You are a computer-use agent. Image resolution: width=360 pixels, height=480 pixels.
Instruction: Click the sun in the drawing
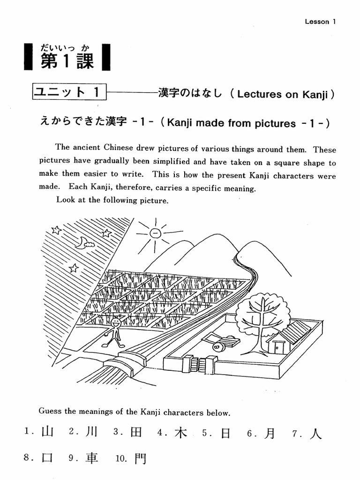pyautogui.click(x=156, y=233)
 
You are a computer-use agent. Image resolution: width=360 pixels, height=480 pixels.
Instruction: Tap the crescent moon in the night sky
pyautogui.click(x=84, y=242)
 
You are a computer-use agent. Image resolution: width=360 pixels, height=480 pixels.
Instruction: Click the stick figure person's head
pyautogui.click(x=116, y=322)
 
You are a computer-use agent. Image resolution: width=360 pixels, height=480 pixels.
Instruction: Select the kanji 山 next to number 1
pyautogui.click(x=47, y=432)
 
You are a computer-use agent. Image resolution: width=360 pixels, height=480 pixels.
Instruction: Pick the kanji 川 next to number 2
pyautogui.click(x=91, y=432)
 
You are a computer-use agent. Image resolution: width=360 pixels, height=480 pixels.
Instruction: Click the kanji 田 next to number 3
pyautogui.click(x=136, y=432)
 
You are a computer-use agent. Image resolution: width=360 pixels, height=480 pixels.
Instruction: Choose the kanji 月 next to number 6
pyautogui.click(x=270, y=433)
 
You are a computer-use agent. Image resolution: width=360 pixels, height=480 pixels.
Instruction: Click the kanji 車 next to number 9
pyautogui.click(x=92, y=458)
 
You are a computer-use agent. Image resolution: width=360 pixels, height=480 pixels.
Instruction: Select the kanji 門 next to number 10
pyautogui.click(x=140, y=459)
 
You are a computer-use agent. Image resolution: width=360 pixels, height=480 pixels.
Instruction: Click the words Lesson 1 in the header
pyautogui.click(x=321, y=22)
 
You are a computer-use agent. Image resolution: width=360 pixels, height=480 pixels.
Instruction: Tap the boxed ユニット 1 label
pyautogui.click(x=69, y=92)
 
